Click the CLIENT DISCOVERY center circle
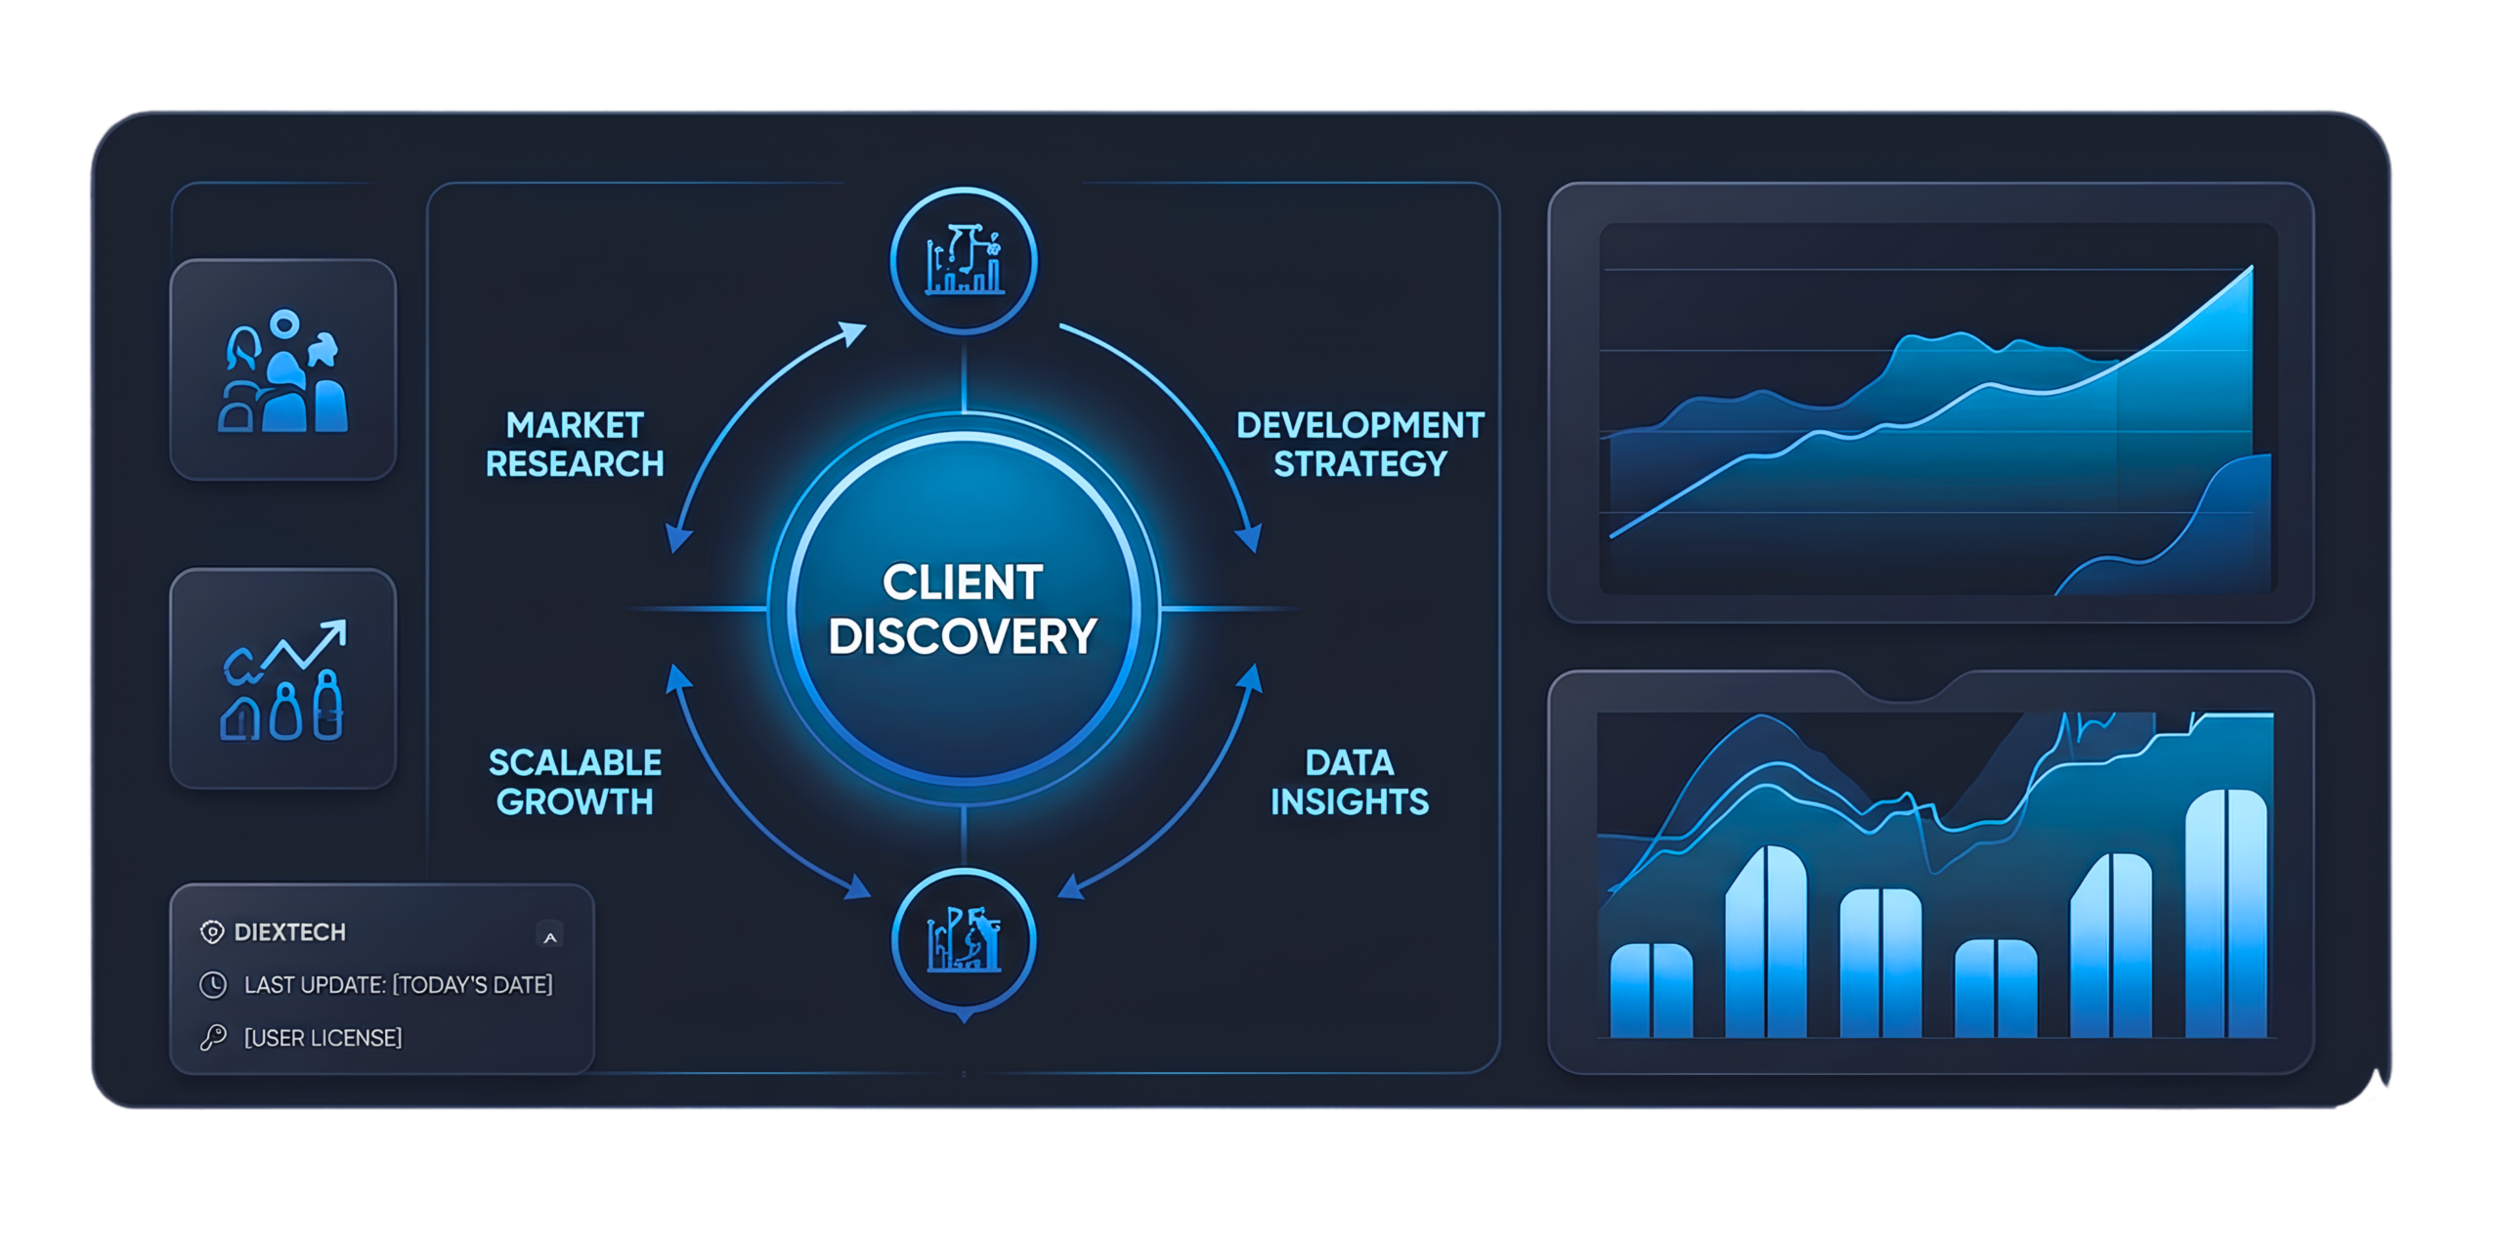pyautogui.click(x=964, y=608)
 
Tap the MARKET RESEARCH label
pyautogui.click(x=575, y=445)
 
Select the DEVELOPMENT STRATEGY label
pyautogui.click(x=1359, y=445)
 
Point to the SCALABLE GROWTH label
pyautogui.click(x=575, y=782)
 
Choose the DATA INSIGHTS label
pyautogui.click(x=1350, y=782)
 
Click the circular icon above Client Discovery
pyautogui.click(x=964, y=260)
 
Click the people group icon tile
pyautogui.click(x=283, y=369)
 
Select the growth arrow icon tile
pyautogui.click(x=283, y=678)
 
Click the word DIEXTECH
pyautogui.click(x=290, y=932)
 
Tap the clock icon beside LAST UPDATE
pyautogui.click(x=213, y=984)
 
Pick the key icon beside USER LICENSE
pyautogui.click(x=213, y=1037)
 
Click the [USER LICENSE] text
pyautogui.click(x=323, y=1038)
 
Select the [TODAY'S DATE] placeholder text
pyautogui.click(x=473, y=985)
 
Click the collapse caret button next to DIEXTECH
pyautogui.click(x=550, y=936)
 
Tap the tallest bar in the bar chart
pyautogui.click(x=2226, y=913)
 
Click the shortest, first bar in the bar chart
pyautogui.click(x=1652, y=990)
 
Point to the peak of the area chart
pyautogui.click(x=2252, y=267)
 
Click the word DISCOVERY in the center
pyautogui.click(x=963, y=636)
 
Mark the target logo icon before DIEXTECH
pyautogui.click(x=212, y=932)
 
